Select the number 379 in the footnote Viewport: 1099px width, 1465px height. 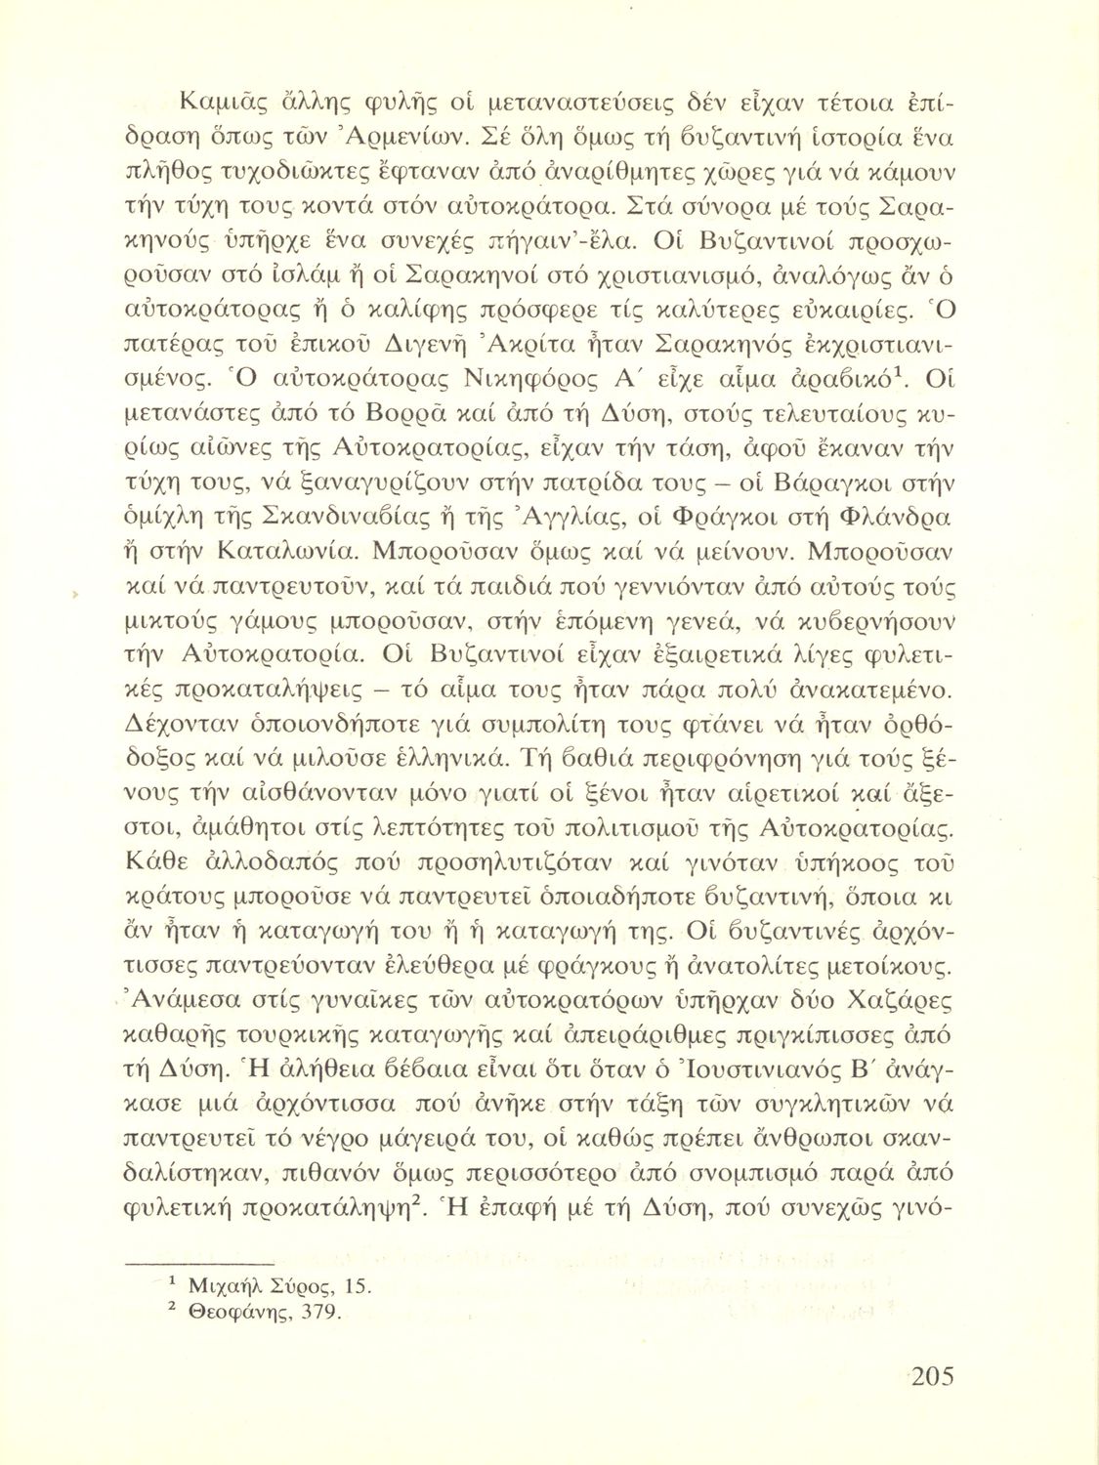tap(322, 1312)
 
